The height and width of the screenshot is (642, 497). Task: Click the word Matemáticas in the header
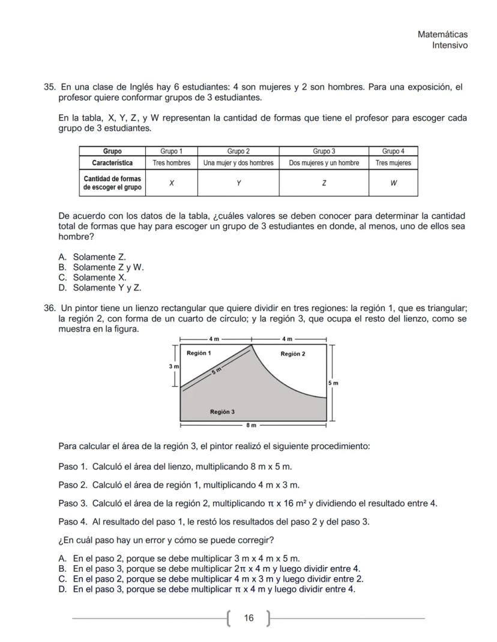[442, 35]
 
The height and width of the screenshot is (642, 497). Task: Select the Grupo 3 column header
[324, 151]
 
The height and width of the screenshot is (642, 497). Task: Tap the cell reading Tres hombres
[171, 163]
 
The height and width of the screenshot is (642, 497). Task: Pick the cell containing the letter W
[393, 183]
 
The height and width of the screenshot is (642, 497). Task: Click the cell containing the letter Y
[238, 183]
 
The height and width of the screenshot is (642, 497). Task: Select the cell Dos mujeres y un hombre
[324, 163]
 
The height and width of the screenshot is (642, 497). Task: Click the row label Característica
[112, 163]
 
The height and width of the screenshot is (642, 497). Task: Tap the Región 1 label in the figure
[199, 353]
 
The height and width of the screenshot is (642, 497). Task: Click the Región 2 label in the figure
[292, 354]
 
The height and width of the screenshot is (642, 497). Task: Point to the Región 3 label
[222, 412]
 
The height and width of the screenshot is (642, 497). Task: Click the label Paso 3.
[73, 503]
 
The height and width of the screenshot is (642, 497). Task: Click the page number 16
[249, 618]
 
